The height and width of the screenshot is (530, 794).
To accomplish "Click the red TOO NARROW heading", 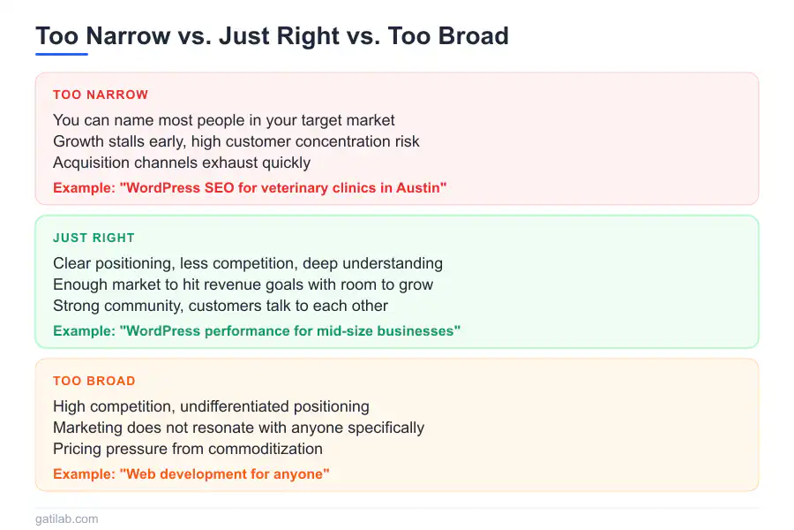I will (101, 95).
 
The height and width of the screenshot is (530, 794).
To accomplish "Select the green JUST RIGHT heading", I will (94, 238).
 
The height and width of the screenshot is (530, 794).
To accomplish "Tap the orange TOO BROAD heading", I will (94, 381).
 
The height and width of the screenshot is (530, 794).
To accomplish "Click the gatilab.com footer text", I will (67, 519).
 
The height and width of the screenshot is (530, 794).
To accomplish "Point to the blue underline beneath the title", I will (62, 54).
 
